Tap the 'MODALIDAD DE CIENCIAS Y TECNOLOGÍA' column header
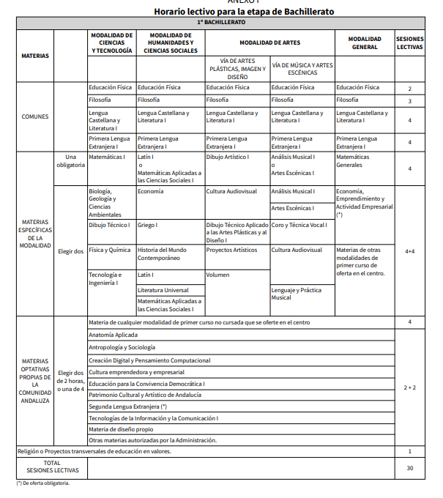point(111,43)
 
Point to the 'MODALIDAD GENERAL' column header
point(364,43)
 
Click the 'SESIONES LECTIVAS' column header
point(409,43)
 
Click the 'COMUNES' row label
point(35,116)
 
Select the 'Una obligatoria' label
point(70,160)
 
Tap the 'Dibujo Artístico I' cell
point(228,157)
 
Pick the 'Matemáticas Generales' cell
point(353,160)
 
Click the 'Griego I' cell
point(147,225)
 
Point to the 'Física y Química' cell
point(110,250)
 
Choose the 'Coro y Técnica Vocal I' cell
point(299,225)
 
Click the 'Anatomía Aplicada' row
point(113,335)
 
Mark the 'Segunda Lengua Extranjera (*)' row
point(128,405)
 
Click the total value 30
point(409,468)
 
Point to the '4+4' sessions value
point(409,251)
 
